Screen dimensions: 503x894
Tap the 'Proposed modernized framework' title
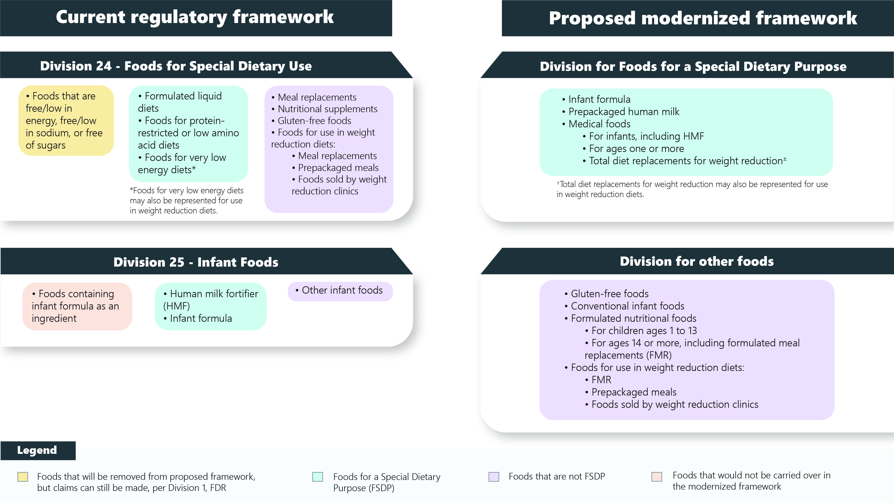coord(702,18)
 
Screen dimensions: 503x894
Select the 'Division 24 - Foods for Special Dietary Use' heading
coord(176,66)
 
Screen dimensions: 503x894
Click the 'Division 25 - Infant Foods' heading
coord(196,262)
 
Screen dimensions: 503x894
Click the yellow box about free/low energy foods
coord(66,120)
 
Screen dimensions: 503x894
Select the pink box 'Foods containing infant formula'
coord(77,306)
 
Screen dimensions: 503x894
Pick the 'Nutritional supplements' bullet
coord(327,109)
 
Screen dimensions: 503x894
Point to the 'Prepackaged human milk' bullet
coord(623,112)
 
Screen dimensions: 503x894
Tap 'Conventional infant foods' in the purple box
coord(627,306)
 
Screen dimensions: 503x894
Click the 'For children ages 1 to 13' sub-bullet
coord(644,330)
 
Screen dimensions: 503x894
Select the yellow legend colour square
coord(23,477)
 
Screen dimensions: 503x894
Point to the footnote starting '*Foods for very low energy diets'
coord(187,200)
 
